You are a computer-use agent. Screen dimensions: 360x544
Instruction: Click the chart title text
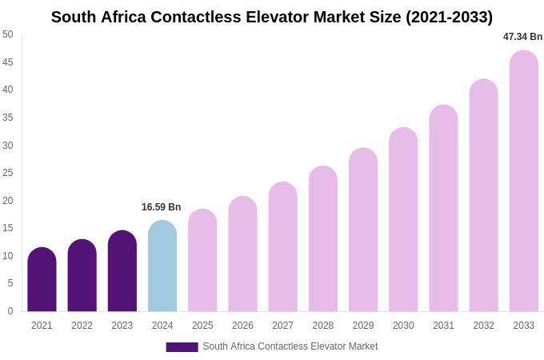pyautogui.click(x=272, y=17)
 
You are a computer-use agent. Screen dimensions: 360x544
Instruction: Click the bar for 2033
pyautogui.click(x=524, y=182)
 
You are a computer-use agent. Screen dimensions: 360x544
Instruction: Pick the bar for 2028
pyautogui.click(x=323, y=239)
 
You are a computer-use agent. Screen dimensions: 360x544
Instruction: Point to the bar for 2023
pyautogui.click(x=122, y=271)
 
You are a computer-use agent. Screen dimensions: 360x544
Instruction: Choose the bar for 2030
pyautogui.click(x=403, y=220)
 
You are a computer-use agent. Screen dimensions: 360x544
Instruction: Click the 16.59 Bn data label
pyautogui.click(x=162, y=207)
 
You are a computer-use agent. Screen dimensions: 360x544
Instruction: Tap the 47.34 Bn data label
pyautogui.click(x=522, y=37)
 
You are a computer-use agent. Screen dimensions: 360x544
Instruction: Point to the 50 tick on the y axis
pyautogui.click(x=8, y=34)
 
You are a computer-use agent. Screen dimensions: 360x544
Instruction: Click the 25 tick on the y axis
pyautogui.click(x=8, y=173)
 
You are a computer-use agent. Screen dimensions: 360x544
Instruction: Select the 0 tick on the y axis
pyautogui.click(x=10, y=311)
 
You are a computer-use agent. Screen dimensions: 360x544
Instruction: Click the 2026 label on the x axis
pyautogui.click(x=242, y=326)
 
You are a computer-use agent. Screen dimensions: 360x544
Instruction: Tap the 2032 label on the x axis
pyautogui.click(x=483, y=326)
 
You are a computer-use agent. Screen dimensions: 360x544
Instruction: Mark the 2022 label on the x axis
pyautogui.click(x=82, y=326)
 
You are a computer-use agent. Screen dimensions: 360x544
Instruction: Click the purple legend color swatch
pyautogui.click(x=182, y=347)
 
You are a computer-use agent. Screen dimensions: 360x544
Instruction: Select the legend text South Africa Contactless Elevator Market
pyautogui.click(x=290, y=346)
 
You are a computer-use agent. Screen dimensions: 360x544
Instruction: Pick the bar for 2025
pyautogui.click(x=202, y=261)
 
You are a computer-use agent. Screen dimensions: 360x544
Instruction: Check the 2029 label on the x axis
pyautogui.click(x=363, y=326)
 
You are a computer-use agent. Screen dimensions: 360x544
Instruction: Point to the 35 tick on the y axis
pyautogui.click(x=8, y=118)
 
